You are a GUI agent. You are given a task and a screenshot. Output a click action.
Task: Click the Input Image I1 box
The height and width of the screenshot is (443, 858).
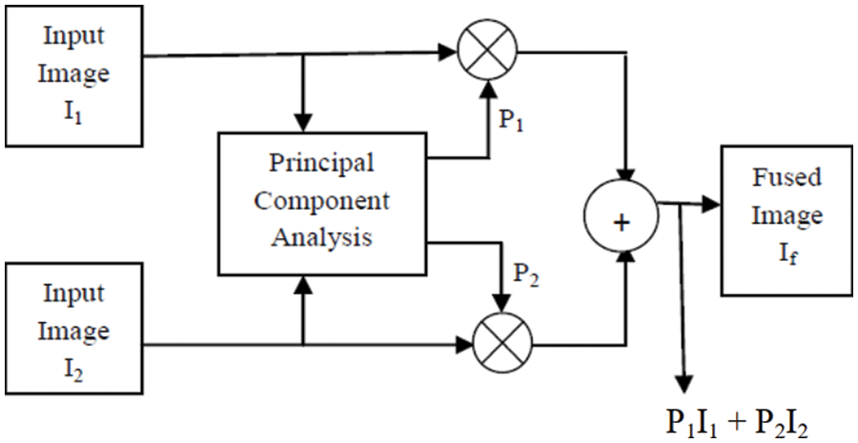click(73, 72)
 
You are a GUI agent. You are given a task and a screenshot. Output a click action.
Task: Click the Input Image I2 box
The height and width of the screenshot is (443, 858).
click(73, 332)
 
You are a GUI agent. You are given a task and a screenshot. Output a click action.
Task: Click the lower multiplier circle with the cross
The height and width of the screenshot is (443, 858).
click(502, 339)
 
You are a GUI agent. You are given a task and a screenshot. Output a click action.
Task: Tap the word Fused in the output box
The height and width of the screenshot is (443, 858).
click(786, 178)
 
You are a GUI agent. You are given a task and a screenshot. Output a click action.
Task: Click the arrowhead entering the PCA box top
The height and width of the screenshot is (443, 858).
click(303, 123)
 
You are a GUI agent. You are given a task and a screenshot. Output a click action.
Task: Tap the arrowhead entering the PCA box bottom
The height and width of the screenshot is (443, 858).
click(303, 283)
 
